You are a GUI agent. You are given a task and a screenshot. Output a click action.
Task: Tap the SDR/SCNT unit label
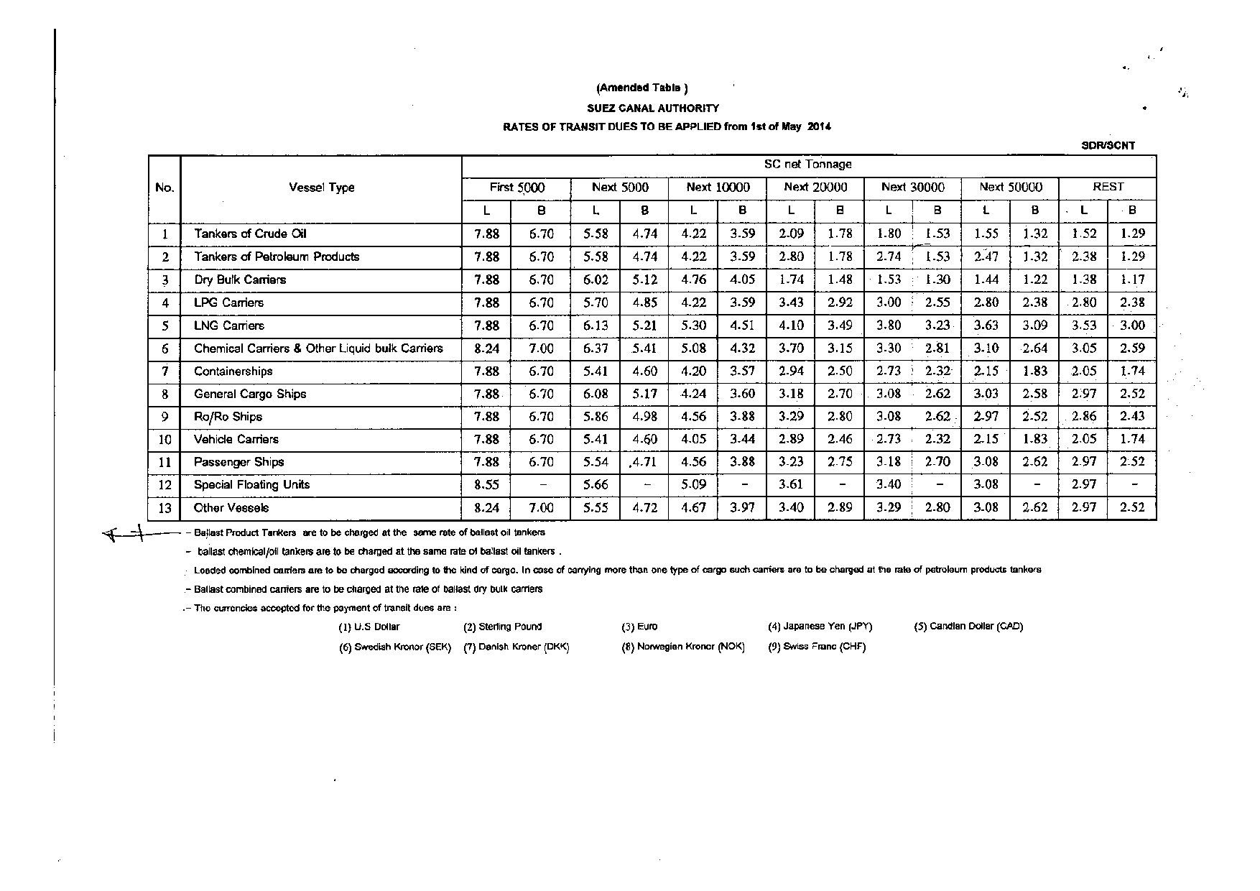point(1108,145)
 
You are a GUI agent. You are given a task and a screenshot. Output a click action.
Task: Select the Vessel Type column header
point(321,188)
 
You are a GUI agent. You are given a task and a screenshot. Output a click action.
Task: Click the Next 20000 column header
point(815,188)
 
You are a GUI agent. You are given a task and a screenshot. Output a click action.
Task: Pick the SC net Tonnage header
point(807,165)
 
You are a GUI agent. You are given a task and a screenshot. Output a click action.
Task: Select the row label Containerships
point(233,371)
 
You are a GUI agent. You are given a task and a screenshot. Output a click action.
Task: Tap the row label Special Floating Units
point(251,484)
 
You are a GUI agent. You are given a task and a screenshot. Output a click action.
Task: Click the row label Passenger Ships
point(238,462)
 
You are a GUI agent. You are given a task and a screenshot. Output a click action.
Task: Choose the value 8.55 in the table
point(486,485)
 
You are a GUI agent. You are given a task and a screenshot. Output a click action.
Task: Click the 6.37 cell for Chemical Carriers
point(596,348)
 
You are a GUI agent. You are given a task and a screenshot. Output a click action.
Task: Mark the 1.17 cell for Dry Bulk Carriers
point(1132,280)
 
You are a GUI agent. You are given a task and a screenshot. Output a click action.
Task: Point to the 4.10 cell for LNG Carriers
point(791,326)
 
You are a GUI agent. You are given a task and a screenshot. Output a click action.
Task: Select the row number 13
point(165,508)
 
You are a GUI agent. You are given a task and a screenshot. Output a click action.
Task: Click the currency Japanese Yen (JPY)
point(820,627)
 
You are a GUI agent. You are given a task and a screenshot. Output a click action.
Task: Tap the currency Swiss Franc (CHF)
point(817,647)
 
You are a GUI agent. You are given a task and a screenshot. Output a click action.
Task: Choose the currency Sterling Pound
point(502,627)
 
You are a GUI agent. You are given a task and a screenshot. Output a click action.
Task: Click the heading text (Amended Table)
point(641,88)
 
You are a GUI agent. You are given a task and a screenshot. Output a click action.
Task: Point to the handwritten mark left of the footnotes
point(126,534)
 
